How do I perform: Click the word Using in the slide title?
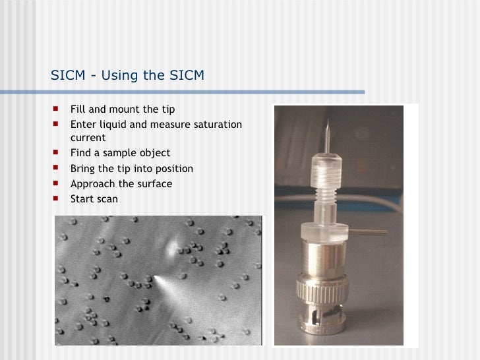[119, 76]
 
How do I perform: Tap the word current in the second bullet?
[88, 138]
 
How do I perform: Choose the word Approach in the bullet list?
[92, 183]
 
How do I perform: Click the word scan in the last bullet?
[107, 198]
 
